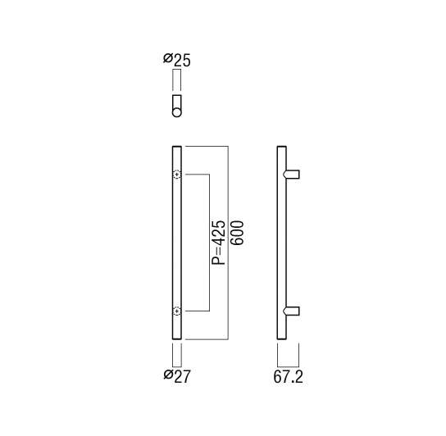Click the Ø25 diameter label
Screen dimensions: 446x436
(177, 60)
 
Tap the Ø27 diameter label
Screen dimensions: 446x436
(177, 376)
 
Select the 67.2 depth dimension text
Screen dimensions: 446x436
(288, 377)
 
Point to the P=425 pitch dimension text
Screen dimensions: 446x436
(219, 243)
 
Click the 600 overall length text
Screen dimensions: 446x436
(237, 233)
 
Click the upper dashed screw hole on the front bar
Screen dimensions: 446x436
(177, 175)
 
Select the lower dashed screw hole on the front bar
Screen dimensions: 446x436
(177, 311)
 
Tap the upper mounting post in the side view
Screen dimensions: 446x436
(291, 175)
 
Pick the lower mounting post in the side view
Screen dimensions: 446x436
(291, 311)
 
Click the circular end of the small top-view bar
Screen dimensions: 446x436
(176, 112)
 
